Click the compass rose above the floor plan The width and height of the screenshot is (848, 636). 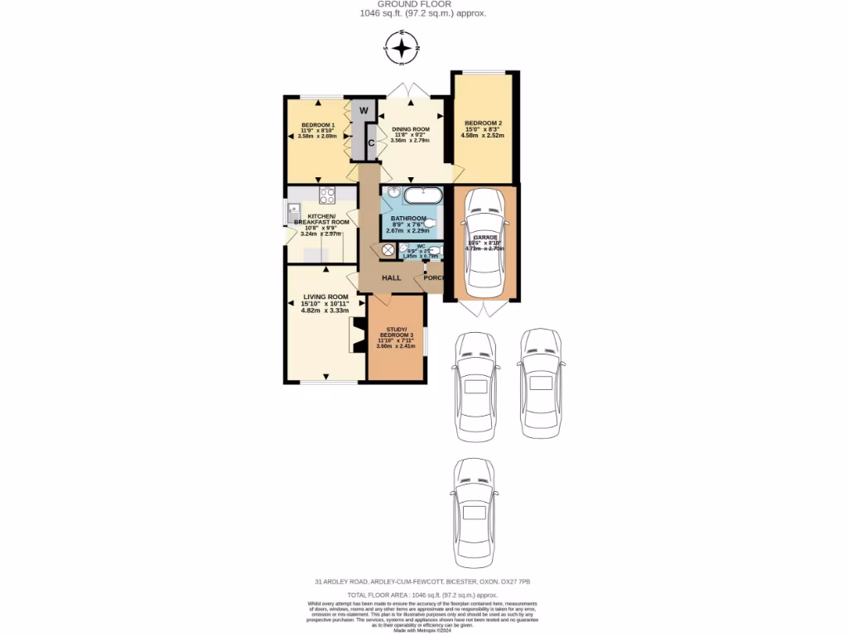click(x=402, y=49)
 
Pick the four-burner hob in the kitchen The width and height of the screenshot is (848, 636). click(x=325, y=196)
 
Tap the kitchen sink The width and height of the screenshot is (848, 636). click(x=294, y=214)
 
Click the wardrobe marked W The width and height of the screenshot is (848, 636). click(x=363, y=111)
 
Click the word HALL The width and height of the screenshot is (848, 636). click(x=391, y=277)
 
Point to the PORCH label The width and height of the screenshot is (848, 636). click(x=434, y=277)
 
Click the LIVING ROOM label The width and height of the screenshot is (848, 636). click(x=325, y=296)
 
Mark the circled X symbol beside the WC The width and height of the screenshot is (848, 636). click(x=389, y=250)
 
